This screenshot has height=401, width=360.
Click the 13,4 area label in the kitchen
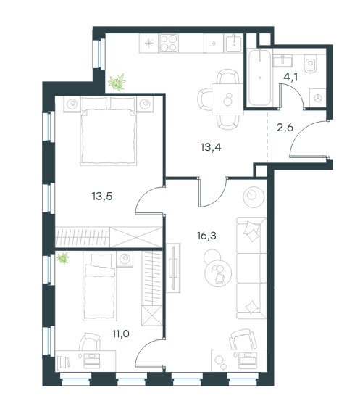click(x=211, y=147)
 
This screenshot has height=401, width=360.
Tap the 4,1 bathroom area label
click(x=290, y=77)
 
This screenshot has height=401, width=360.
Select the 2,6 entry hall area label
click(x=285, y=127)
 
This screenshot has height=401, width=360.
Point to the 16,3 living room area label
click(x=206, y=236)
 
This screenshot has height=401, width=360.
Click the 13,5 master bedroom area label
click(x=102, y=197)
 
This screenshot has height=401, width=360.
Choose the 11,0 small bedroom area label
click(x=120, y=334)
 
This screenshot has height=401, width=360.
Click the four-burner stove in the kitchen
click(x=168, y=44)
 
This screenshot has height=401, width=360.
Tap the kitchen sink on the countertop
click(x=233, y=44)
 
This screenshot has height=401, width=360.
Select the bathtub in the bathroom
click(x=259, y=78)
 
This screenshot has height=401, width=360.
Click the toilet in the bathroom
click(x=311, y=62)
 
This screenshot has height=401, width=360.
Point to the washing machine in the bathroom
click(x=317, y=98)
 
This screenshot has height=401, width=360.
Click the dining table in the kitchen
click(x=227, y=99)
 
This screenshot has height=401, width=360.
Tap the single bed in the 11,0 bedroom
click(x=100, y=286)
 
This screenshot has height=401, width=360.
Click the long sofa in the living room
click(x=251, y=268)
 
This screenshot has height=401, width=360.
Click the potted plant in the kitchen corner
click(x=117, y=82)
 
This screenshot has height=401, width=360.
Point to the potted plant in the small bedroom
click(x=63, y=257)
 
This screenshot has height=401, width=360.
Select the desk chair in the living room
click(x=243, y=339)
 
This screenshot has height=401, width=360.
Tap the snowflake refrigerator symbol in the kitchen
click(x=148, y=44)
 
